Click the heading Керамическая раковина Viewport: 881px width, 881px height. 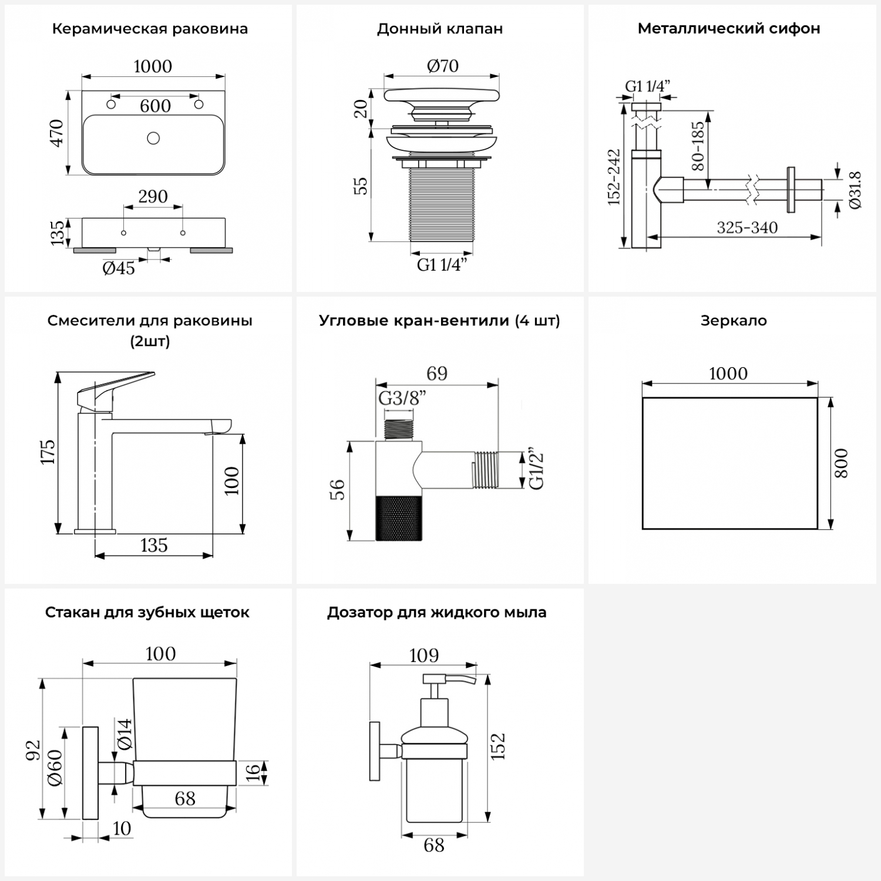pyautogui.click(x=150, y=29)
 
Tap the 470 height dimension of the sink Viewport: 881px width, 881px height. pyautogui.click(x=56, y=133)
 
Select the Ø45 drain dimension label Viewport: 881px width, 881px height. pyautogui.click(x=119, y=268)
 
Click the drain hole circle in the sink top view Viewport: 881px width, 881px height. pyautogui.click(x=153, y=139)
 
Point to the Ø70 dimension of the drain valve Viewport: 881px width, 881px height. pyautogui.click(x=443, y=66)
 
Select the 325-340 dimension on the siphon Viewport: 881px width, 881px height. pyautogui.click(x=747, y=228)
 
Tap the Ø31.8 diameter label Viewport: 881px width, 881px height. pyautogui.click(x=855, y=190)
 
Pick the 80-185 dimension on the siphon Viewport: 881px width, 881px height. pyautogui.click(x=698, y=146)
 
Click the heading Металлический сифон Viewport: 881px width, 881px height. pyautogui.click(x=729, y=29)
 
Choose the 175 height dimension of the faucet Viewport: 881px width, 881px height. pyautogui.click(x=47, y=452)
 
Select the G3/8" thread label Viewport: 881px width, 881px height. pyautogui.click(x=402, y=398)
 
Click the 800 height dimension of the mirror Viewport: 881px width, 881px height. pyautogui.click(x=841, y=463)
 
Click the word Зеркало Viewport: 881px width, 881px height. pyautogui.click(x=734, y=321)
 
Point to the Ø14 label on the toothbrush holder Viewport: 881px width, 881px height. pyautogui.click(x=125, y=734)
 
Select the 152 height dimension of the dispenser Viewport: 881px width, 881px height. pyautogui.click(x=498, y=747)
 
